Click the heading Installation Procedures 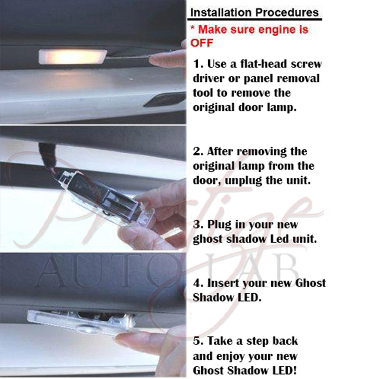coord(254,13)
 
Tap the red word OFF coord(202,43)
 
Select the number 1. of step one coord(199,64)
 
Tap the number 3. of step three coord(198,224)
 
